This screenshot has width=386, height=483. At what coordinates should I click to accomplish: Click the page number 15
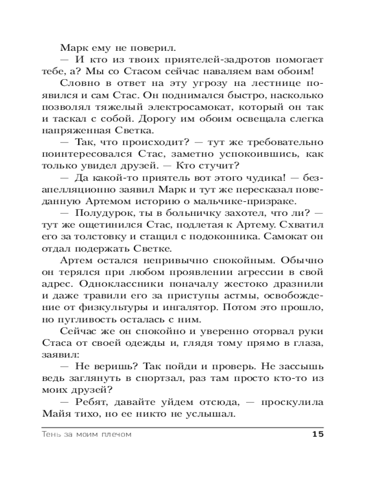pos(317,434)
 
